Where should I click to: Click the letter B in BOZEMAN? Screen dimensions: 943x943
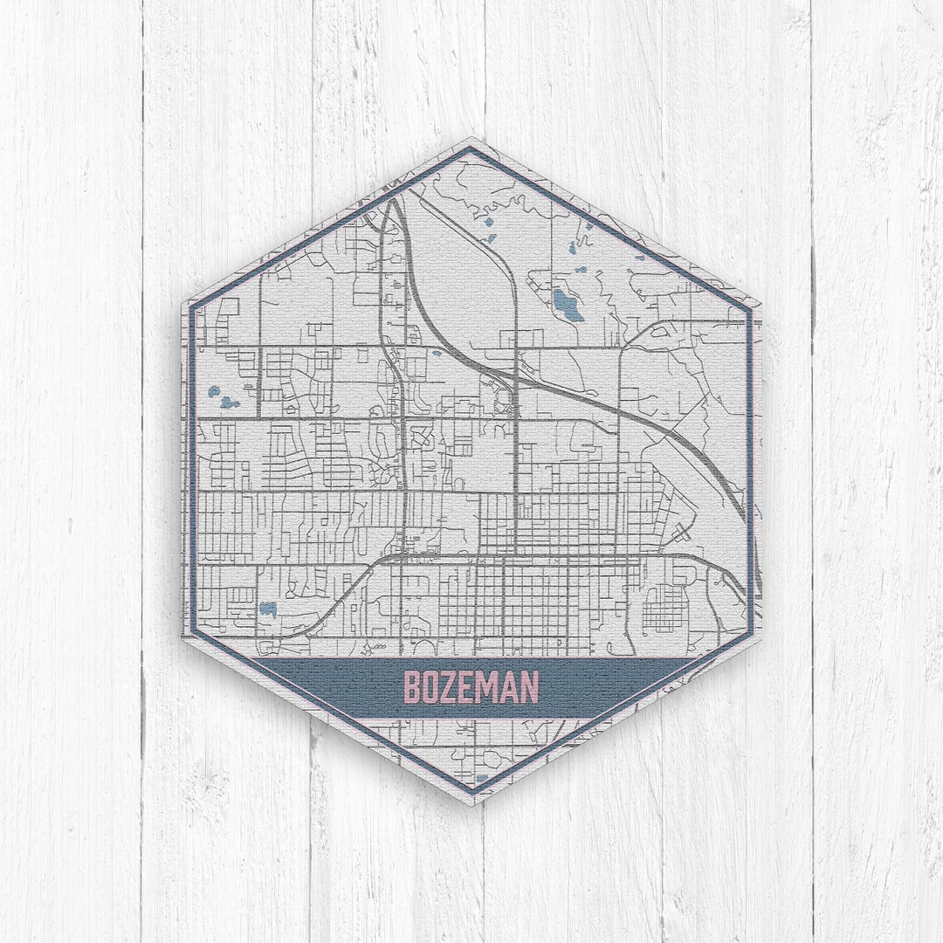click(413, 687)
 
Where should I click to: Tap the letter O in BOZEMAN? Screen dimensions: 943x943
click(433, 687)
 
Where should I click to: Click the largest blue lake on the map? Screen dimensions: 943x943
click(567, 305)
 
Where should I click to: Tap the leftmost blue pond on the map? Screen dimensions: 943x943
click(213, 391)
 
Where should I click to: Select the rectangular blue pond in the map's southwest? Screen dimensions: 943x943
click(267, 609)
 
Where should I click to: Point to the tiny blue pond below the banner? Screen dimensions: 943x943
click(481, 777)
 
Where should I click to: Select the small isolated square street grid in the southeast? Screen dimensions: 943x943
click(664, 608)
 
